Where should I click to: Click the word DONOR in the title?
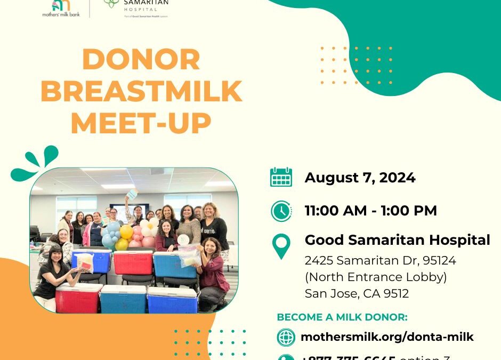pyautogui.click(x=141, y=60)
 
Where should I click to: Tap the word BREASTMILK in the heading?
pyautogui.click(x=141, y=92)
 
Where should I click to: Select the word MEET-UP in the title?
pyautogui.click(x=141, y=124)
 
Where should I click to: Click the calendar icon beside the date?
pyautogui.click(x=281, y=177)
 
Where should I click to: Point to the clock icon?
pyautogui.click(x=281, y=211)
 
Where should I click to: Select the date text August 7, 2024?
pyautogui.click(x=360, y=178)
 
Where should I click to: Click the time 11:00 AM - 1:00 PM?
pyautogui.click(x=370, y=211)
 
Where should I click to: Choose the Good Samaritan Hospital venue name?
pyautogui.click(x=397, y=240)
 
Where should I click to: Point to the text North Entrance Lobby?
pyautogui.click(x=376, y=277)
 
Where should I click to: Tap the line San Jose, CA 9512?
pyautogui.click(x=357, y=293)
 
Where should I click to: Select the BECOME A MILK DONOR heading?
pyautogui.click(x=342, y=317)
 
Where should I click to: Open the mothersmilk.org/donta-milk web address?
pyautogui.click(x=387, y=337)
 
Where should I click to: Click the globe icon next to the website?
pyautogui.click(x=286, y=337)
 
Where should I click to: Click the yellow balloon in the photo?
pyautogui.click(x=126, y=232)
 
